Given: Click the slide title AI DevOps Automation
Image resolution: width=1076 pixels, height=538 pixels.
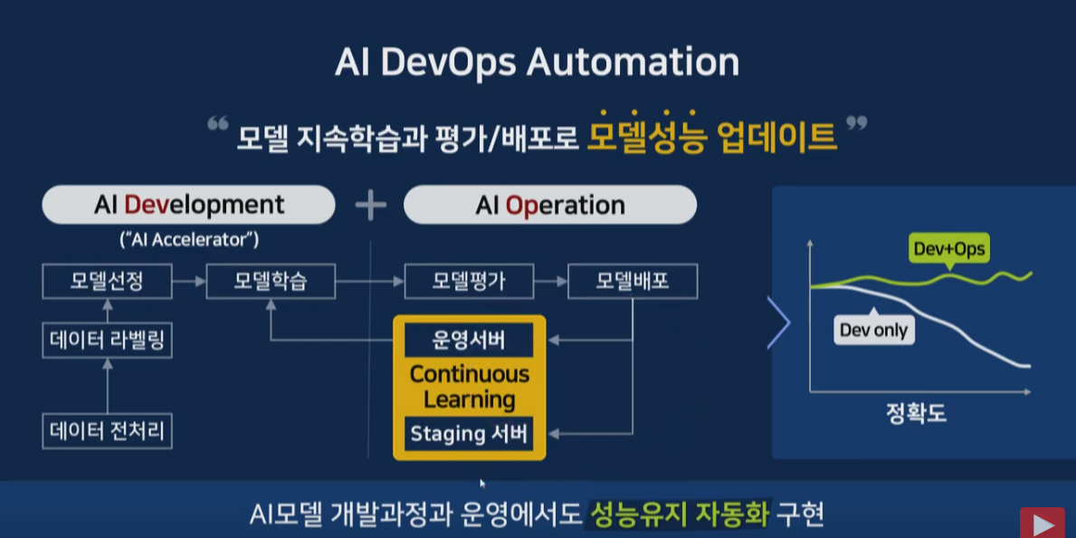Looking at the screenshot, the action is tap(537, 62).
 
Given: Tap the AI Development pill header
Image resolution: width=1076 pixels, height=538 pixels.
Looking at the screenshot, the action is tap(188, 205).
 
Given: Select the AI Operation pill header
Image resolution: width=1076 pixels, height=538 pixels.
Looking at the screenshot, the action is tap(549, 205).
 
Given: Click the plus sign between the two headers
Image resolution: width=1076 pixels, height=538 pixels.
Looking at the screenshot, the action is tap(370, 206).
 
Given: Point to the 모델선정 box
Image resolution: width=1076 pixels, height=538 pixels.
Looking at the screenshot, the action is tap(107, 282).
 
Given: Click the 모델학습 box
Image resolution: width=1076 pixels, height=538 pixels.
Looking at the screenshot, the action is tap(271, 282).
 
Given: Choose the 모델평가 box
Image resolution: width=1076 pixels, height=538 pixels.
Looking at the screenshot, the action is tap(469, 282).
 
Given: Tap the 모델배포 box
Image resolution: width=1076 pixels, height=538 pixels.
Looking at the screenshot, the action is tap(632, 282).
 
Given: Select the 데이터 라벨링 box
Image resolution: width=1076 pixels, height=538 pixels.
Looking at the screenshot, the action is tap(107, 341).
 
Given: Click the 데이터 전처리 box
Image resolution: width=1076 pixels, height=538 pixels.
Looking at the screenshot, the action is tap(107, 431).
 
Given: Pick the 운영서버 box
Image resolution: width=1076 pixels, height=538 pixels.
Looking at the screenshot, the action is tap(469, 341).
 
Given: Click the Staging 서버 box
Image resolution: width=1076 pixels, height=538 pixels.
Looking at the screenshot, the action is tap(469, 433).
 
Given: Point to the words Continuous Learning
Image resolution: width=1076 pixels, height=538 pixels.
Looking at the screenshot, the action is tap(469, 387).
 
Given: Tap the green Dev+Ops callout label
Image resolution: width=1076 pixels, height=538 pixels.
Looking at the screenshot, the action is tap(948, 249).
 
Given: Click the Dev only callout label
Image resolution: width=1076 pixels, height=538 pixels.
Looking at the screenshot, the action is tap(873, 330).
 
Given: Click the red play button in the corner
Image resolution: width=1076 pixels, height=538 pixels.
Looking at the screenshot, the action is tap(1043, 524).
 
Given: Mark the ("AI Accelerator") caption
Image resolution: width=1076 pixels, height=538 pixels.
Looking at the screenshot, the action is tap(188, 239).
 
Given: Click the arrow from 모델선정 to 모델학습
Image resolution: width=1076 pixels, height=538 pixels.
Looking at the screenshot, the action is tap(188, 282).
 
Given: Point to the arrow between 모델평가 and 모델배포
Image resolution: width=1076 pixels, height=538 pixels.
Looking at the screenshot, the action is tap(550, 282).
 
